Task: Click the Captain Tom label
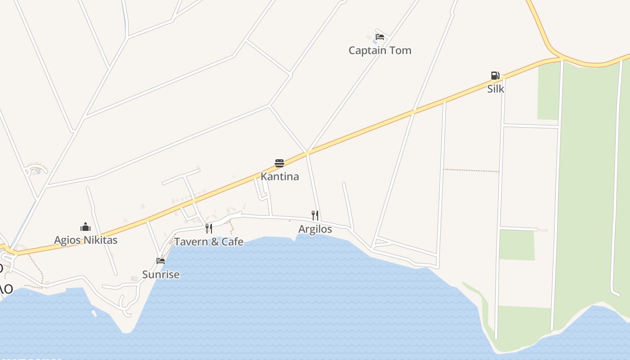pyautogui.click(x=380, y=50)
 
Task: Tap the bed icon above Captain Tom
pyautogui.click(x=380, y=37)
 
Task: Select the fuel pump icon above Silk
pyautogui.click(x=495, y=76)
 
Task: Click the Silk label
pyautogui.click(x=496, y=89)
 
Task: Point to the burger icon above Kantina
pyautogui.click(x=279, y=163)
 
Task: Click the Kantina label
pyautogui.click(x=279, y=176)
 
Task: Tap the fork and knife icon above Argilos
pyautogui.click(x=315, y=216)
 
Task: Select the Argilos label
pyautogui.click(x=315, y=229)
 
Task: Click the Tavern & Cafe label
pyautogui.click(x=209, y=242)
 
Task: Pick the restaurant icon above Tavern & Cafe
pyautogui.click(x=208, y=229)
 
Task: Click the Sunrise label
pyautogui.click(x=161, y=274)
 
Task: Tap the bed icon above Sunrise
pyautogui.click(x=160, y=261)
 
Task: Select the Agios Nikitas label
pyautogui.click(x=85, y=240)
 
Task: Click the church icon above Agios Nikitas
pyautogui.click(x=85, y=226)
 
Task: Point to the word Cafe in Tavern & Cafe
pyautogui.click(x=232, y=242)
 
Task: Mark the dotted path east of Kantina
pyautogui.click(x=471, y=171)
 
